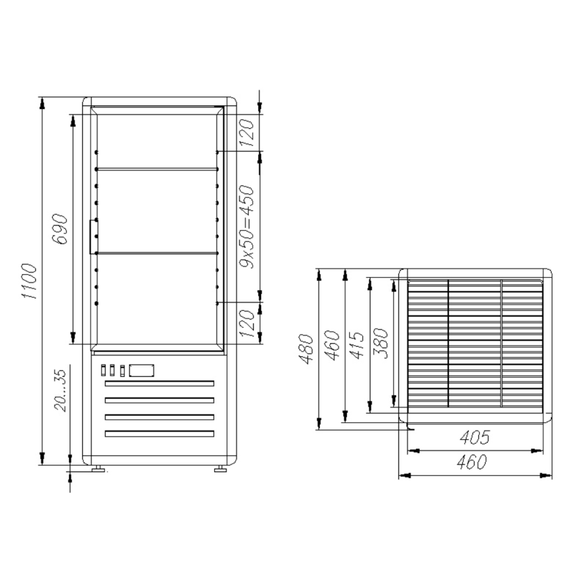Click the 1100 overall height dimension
click(29, 281)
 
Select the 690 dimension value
click(60, 229)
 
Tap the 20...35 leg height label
click(60, 390)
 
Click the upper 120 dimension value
click(247, 132)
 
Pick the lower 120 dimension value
click(247, 323)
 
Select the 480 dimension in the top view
click(306, 349)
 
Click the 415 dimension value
click(357, 345)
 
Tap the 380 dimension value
click(381, 343)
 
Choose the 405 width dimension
click(475, 437)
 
